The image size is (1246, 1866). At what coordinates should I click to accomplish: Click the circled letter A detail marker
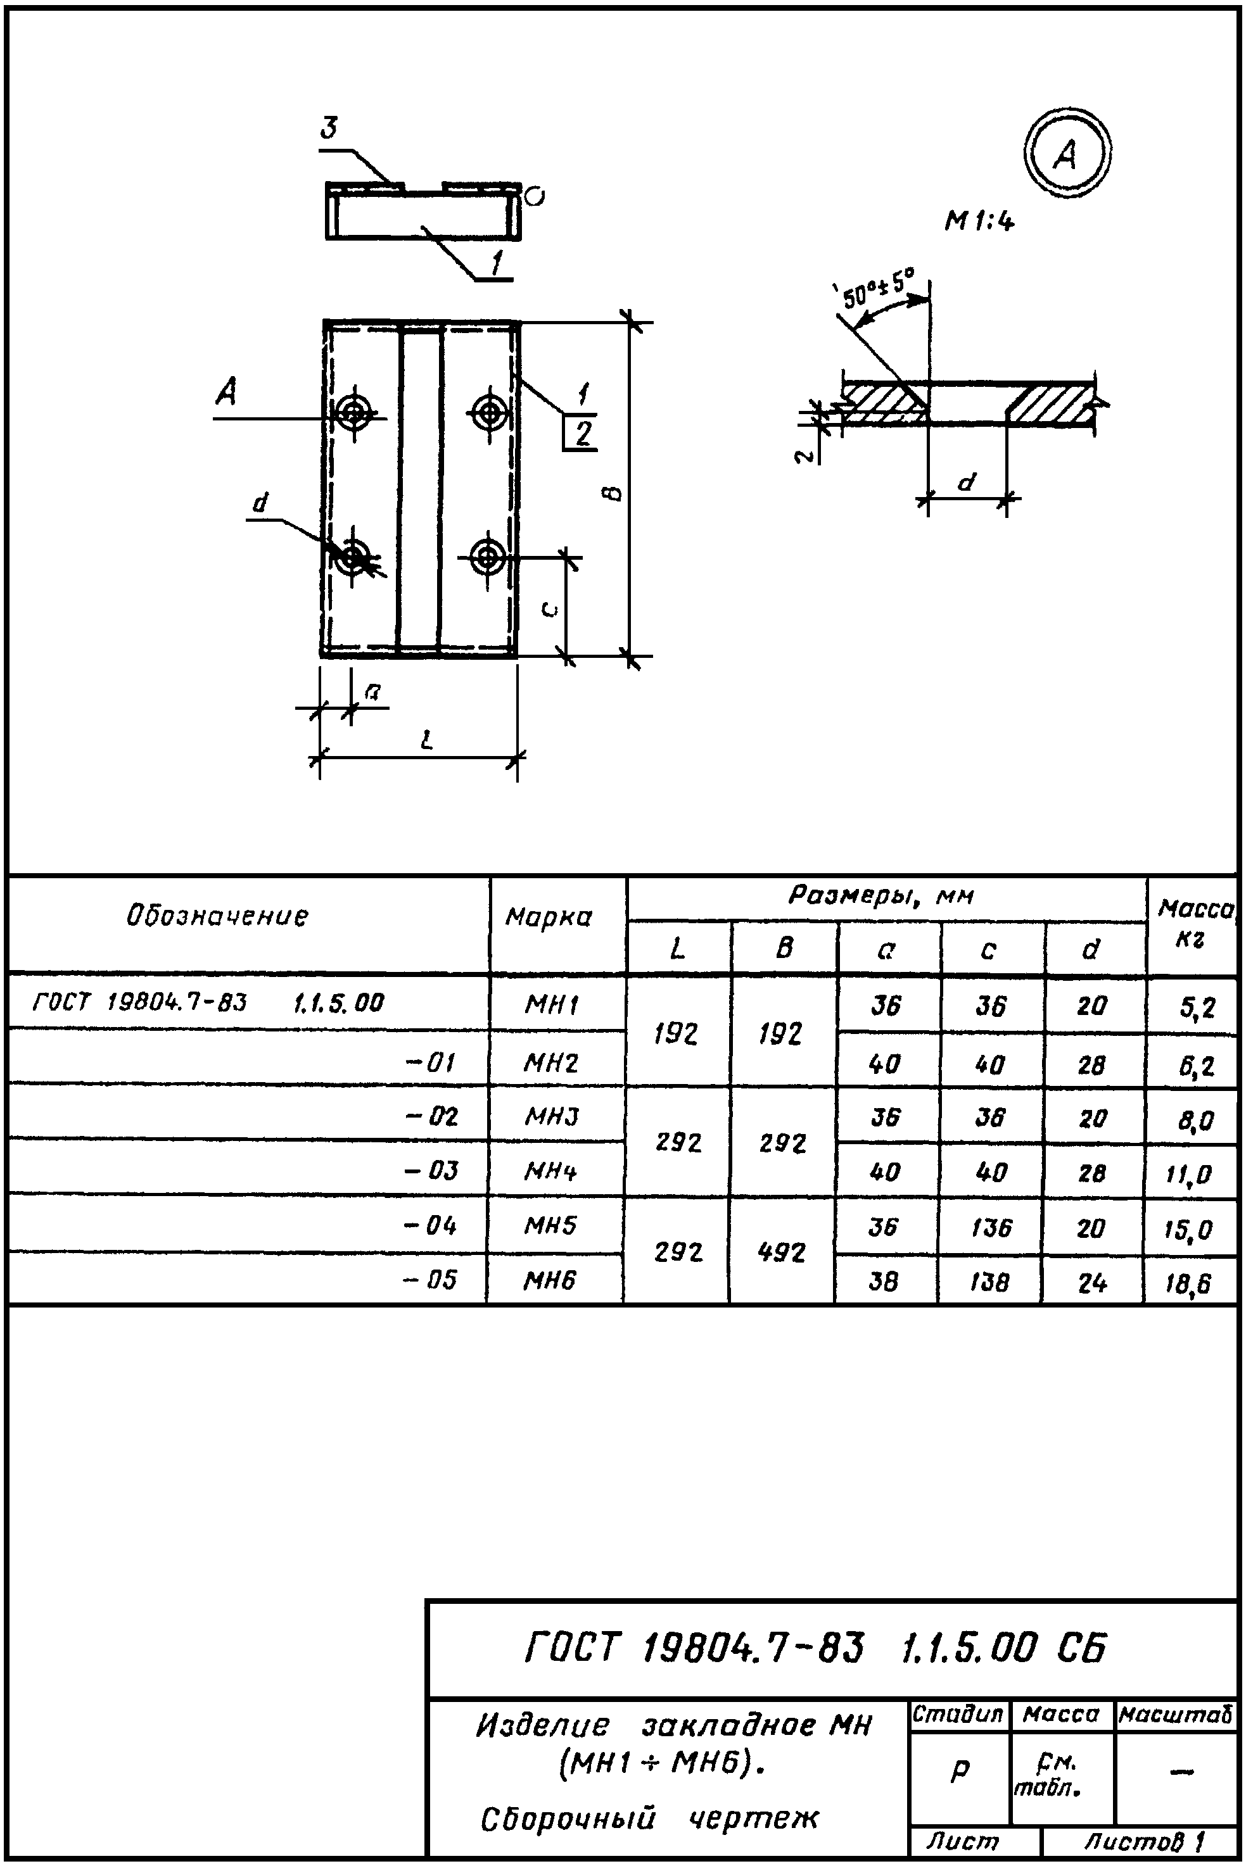[1066, 153]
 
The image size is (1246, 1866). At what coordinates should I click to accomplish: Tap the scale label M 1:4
[979, 222]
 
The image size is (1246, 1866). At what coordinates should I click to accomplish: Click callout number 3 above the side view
[328, 128]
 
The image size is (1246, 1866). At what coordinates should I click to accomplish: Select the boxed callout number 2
[583, 434]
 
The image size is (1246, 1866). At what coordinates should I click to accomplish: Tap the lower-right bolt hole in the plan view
[488, 557]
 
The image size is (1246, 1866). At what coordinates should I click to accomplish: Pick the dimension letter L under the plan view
[427, 741]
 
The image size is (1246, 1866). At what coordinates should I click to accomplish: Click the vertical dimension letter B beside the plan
[613, 493]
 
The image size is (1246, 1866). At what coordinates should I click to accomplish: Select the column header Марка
[549, 918]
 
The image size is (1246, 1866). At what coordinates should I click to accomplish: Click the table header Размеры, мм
[881, 897]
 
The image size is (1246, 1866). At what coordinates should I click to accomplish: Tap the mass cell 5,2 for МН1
[1197, 1008]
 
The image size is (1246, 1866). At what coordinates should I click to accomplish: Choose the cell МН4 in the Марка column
[549, 1170]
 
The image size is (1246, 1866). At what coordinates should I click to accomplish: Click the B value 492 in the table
[782, 1252]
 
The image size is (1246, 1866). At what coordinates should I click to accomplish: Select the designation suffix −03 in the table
[431, 1170]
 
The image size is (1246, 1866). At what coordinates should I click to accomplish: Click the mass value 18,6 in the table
[1189, 1283]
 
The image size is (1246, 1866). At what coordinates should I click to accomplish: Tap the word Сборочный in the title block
[569, 1819]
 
